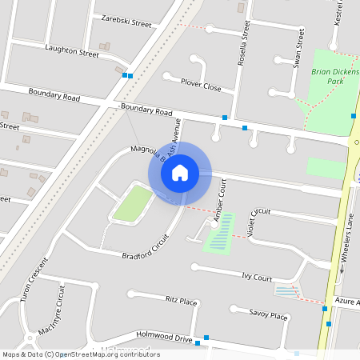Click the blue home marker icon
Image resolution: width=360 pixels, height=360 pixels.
[x=180, y=173]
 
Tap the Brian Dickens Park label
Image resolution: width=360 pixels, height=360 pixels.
[x=335, y=76]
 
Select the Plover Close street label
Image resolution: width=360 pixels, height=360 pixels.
[x=201, y=86]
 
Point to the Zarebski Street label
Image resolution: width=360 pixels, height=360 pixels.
[x=122, y=22]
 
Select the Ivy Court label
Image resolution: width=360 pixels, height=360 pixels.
[x=257, y=278]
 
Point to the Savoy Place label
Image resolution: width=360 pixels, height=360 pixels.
[x=268, y=315]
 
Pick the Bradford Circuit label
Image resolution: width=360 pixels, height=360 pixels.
[x=146, y=247]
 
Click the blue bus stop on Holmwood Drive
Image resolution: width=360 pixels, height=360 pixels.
[x=207, y=339]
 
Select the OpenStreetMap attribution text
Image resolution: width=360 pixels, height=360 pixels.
[x=80, y=354]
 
